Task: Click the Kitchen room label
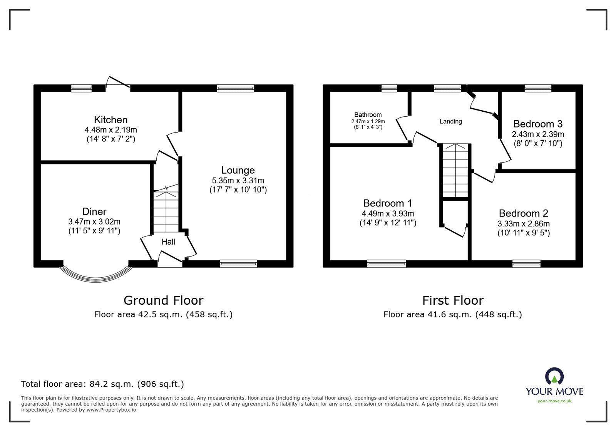click(111, 120)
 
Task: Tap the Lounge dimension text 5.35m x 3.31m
click(238, 181)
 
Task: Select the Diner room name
click(94, 211)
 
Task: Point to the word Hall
click(168, 242)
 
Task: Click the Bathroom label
click(368, 115)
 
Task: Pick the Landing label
click(451, 121)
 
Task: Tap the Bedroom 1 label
click(388, 203)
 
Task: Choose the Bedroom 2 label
click(524, 213)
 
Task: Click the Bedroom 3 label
click(538, 124)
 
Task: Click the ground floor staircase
click(166, 210)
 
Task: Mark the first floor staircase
click(455, 171)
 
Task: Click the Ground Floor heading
click(163, 301)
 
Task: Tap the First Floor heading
click(453, 301)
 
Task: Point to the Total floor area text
click(102, 384)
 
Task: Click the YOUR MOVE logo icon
click(555, 376)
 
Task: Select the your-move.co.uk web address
click(555, 401)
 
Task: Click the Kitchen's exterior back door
click(118, 82)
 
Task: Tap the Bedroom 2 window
click(526, 264)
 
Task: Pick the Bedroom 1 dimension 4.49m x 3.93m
click(388, 214)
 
